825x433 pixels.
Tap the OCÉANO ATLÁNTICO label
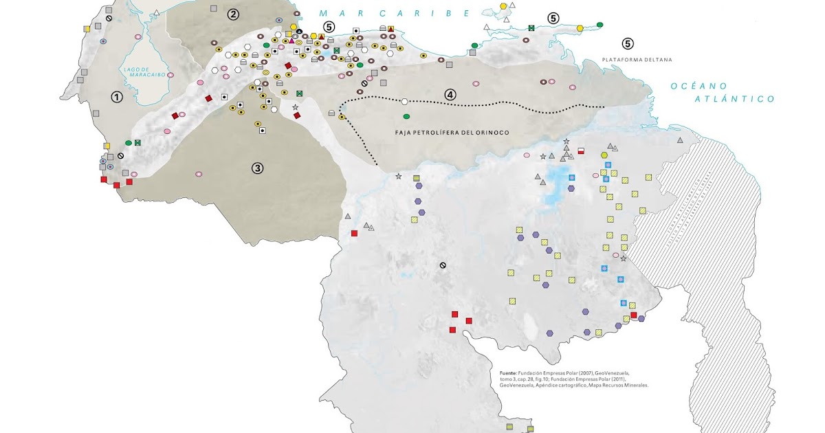723,92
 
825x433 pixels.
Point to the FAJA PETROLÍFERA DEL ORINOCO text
452,132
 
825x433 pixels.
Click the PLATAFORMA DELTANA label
637,60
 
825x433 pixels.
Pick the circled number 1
117,97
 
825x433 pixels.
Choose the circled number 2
234,14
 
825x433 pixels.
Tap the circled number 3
257,167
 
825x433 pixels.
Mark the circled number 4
450,94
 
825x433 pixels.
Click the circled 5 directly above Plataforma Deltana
627,43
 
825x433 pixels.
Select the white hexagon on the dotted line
404,102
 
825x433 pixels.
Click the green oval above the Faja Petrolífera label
406,116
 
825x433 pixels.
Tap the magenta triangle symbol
291,41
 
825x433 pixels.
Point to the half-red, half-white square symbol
581,151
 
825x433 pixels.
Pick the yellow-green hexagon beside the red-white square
604,155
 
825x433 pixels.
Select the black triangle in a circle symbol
300,32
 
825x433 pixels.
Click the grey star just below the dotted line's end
398,177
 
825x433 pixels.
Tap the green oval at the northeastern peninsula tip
599,25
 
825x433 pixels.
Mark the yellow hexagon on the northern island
504,5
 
